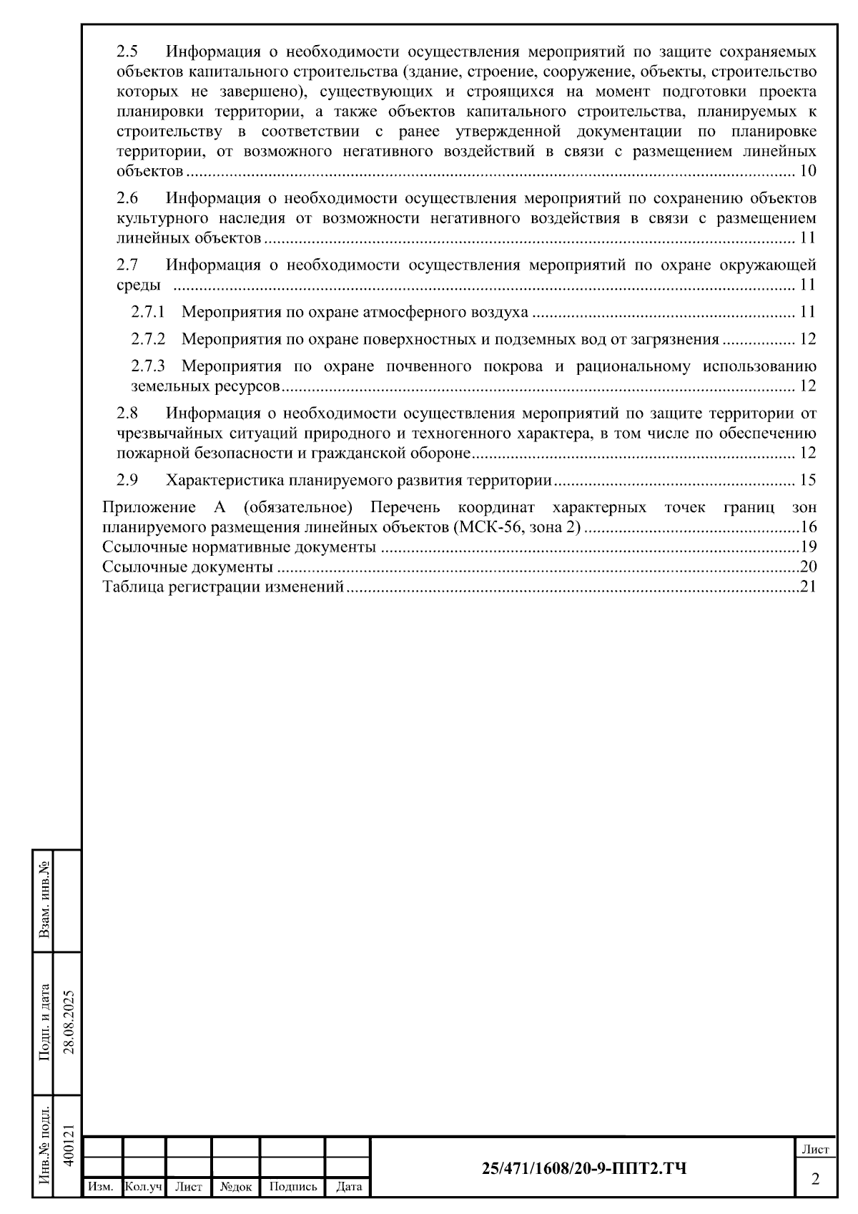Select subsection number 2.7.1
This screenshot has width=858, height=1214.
pos(148,312)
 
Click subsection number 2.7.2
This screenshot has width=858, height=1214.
pos(148,339)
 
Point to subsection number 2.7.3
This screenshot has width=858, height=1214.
pos(148,366)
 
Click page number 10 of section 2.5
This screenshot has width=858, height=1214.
pos(808,172)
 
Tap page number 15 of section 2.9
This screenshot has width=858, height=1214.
pos(808,480)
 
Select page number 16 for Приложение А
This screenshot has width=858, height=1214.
pos(808,528)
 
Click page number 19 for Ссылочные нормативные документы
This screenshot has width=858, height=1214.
pos(808,548)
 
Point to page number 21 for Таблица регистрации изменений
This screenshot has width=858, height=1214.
pos(808,587)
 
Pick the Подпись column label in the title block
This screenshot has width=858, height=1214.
pos(292,1187)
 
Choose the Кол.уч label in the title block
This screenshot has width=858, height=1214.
pos(144,1187)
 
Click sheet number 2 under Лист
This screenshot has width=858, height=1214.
pos(815,1179)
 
